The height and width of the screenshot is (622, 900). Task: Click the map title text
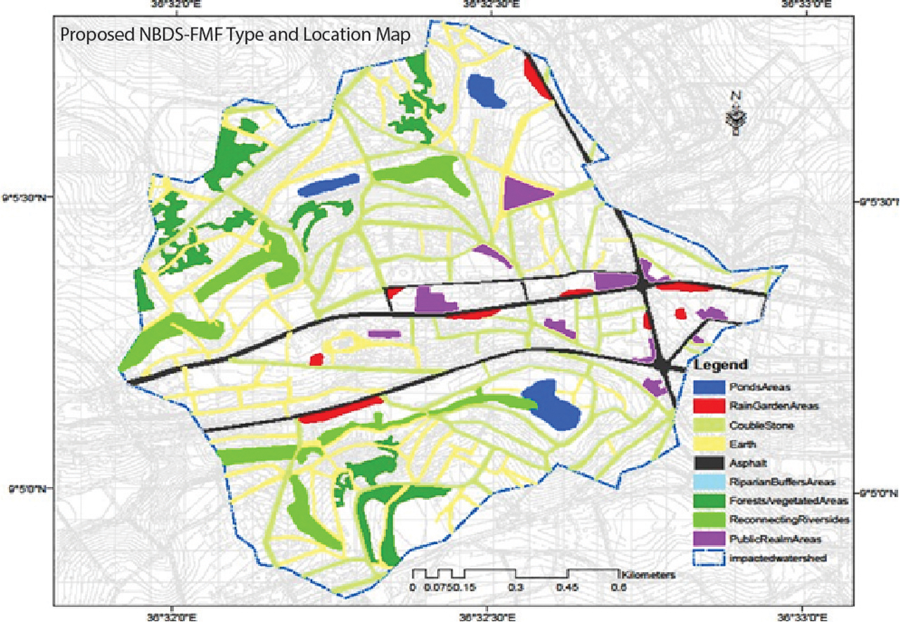(x=236, y=34)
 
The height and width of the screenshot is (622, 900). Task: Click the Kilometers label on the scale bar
(x=648, y=574)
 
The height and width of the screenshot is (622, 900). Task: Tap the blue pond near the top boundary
(x=487, y=91)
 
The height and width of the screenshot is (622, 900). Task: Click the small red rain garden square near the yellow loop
(x=316, y=359)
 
